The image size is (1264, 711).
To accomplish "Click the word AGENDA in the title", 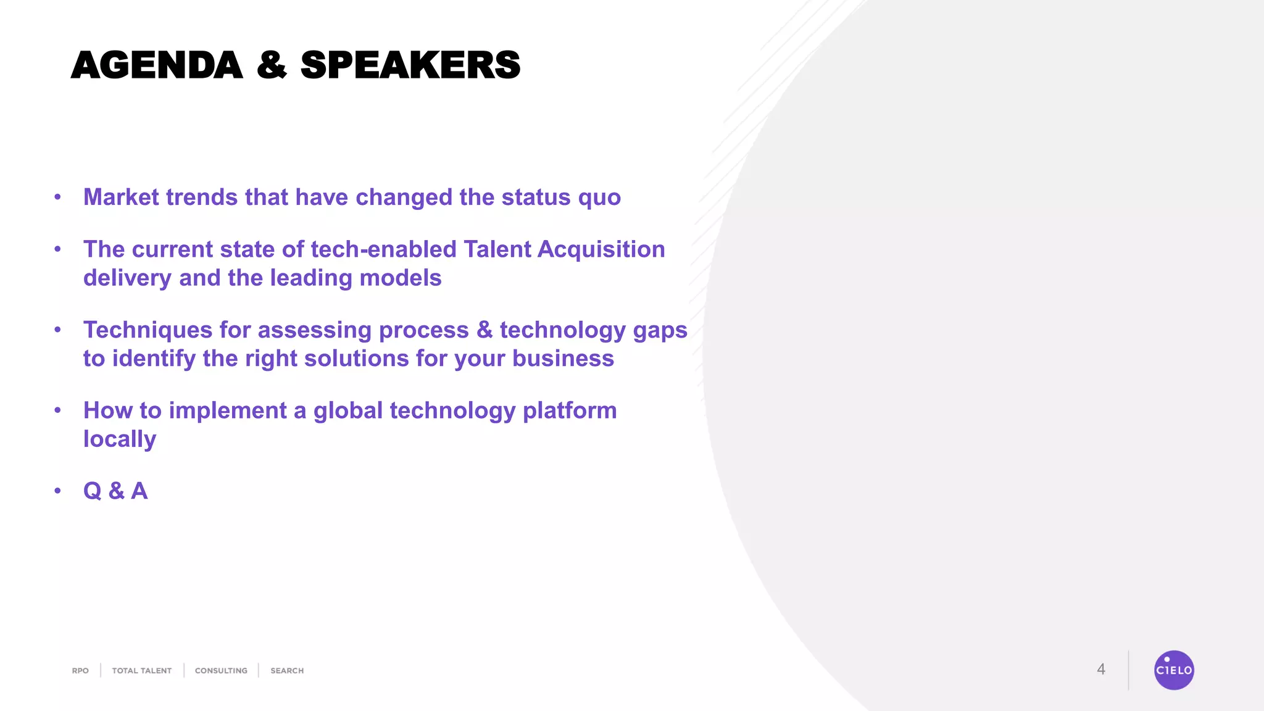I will (x=157, y=65).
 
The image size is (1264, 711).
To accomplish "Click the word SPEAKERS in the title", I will (x=410, y=65).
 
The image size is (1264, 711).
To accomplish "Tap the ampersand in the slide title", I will (x=272, y=65).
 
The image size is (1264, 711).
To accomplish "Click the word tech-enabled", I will (x=383, y=249).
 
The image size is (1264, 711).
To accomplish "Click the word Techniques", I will (x=148, y=331).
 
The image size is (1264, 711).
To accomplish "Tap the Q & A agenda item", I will (x=115, y=491).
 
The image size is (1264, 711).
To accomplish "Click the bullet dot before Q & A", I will (x=57, y=491).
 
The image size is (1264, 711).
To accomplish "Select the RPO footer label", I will (x=80, y=671).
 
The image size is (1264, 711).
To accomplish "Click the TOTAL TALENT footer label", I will (x=141, y=671).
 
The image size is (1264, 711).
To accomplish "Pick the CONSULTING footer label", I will (x=221, y=671).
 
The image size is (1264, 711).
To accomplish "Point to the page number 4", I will (x=1100, y=670).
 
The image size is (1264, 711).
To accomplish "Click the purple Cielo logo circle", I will (x=1173, y=670).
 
